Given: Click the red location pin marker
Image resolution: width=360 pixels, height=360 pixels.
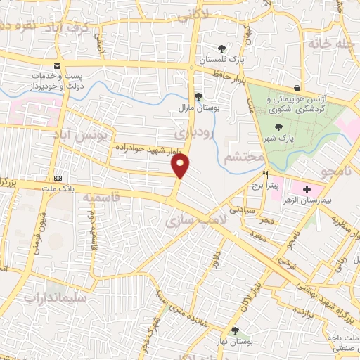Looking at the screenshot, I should point(181,166).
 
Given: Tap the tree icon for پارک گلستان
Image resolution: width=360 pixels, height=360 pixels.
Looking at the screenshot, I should point(222,49).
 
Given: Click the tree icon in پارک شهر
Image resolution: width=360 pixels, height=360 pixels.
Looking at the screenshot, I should point(279,127).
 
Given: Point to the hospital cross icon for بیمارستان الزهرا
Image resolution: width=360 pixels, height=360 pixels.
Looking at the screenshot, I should point(306,188).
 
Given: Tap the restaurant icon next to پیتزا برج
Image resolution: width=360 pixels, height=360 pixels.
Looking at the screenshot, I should point(266,174).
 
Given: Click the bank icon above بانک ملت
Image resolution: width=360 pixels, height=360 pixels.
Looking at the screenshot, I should point(57,179).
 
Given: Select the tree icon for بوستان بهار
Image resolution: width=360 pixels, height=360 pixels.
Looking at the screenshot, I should point(235,330).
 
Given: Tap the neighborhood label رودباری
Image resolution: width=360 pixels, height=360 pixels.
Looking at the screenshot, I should point(190,132).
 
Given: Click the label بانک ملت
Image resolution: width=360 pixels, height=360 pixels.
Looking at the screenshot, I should point(58,188).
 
